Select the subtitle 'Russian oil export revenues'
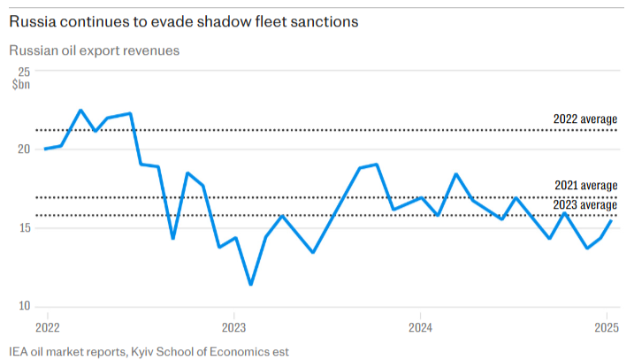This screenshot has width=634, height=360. click(95, 50)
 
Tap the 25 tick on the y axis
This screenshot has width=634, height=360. click(24, 72)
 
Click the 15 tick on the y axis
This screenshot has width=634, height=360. click(24, 227)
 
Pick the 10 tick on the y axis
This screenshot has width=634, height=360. click(24, 306)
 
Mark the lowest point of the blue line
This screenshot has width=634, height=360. click(251, 285)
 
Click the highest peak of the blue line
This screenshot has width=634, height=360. click(80, 111)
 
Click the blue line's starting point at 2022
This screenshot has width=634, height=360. click(45, 149)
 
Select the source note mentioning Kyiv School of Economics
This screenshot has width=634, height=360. click(149, 350)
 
